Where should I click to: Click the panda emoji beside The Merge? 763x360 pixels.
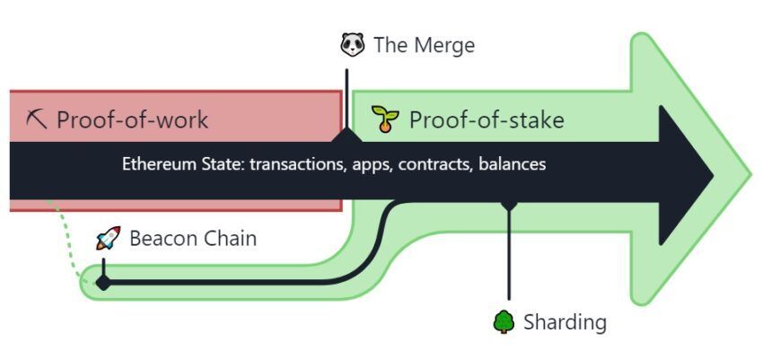pyautogui.click(x=353, y=44)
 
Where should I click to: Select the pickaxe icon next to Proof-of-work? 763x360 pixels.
pyautogui.click(x=37, y=119)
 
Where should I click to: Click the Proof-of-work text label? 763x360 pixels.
pyautogui.click(x=132, y=119)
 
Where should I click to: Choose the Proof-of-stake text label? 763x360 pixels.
pyautogui.click(x=487, y=119)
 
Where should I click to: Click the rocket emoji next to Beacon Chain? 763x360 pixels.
pyautogui.click(x=108, y=238)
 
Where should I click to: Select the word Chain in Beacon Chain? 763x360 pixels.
pyautogui.click(x=230, y=239)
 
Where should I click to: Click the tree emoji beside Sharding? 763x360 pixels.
pyautogui.click(x=503, y=321)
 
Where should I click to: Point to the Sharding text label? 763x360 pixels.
pyautogui.click(x=565, y=321)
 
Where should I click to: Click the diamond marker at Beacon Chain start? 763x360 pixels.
pyautogui.click(x=103, y=283)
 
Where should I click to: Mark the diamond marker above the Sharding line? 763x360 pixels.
pyautogui.click(x=509, y=206)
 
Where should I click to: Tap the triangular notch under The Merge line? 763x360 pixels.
pyautogui.click(x=346, y=135)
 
